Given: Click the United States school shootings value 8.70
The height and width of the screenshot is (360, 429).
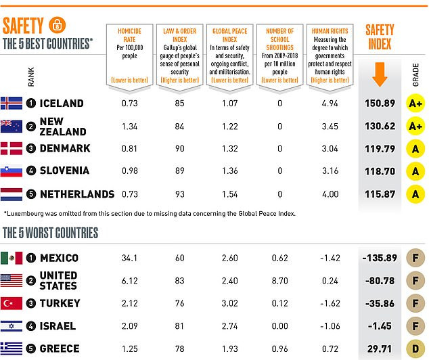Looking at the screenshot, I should [x=280, y=280].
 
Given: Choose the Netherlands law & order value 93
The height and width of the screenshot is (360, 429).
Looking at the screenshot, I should [x=179, y=194].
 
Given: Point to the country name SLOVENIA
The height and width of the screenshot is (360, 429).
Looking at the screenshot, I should [x=68, y=172].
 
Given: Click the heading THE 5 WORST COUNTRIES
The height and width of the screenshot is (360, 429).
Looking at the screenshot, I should [x=51, y=233].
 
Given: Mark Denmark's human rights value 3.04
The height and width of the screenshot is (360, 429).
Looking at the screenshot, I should [x=330, y=149].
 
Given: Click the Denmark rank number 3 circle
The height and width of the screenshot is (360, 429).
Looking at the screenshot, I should [x=31, y=149].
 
